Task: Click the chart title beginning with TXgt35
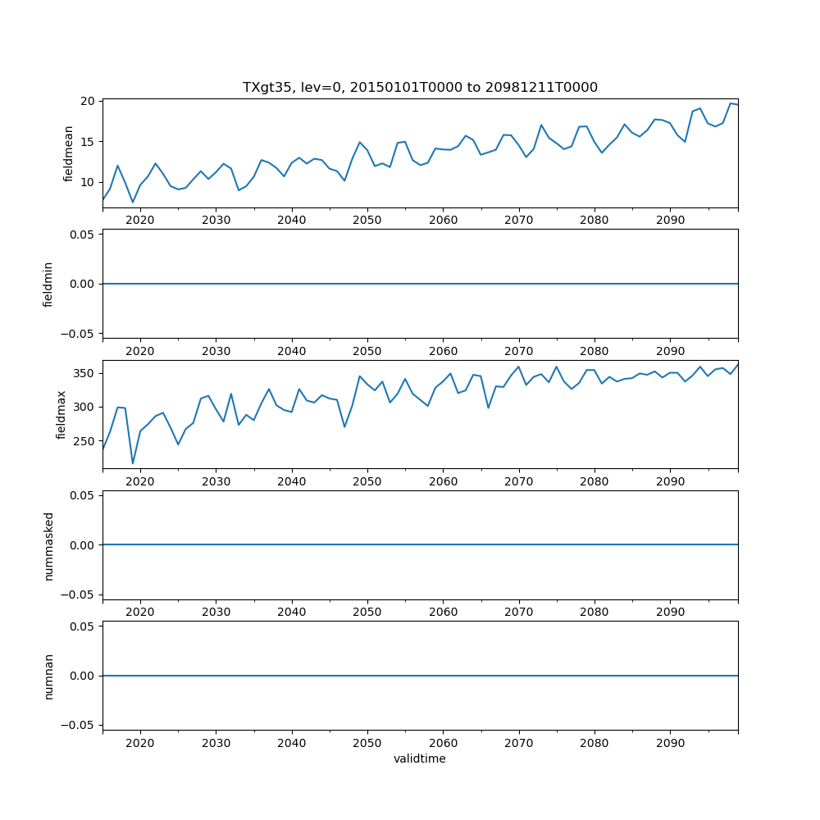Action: click(x=420, y=87)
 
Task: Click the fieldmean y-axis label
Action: click(x=69, y=153)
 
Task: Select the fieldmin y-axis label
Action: click(x=48, y=284)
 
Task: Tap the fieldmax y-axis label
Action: click(x=61, y=414)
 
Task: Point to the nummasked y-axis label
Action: click(x=48, y=545)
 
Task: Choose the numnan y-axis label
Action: click(x=48, y=676)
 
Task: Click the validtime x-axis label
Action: click(x=420, y=758)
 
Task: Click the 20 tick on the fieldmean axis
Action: click(x=87, y=101)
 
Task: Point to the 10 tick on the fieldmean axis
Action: click(x=87, y=182)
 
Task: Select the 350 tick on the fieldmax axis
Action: click(x=84, y=373)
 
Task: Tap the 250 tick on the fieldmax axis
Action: click(x=84, y=441)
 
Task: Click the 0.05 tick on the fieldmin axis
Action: click(x=80, y=235)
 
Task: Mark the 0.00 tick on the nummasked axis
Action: click(x=80, y=545)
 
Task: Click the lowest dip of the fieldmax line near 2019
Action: click(x=133, y=464)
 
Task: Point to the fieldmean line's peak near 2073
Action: click(x=541, y=125)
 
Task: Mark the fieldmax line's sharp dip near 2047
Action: click(x=344, y=426)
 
